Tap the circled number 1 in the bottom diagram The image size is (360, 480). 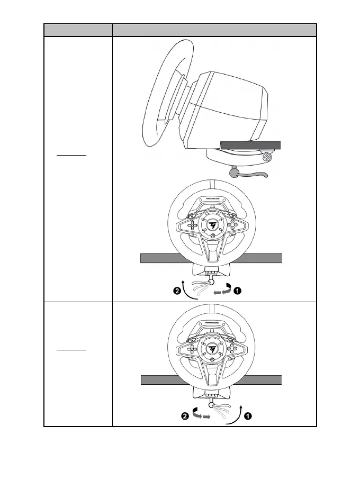(248, 416)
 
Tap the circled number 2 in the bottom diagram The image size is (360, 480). (185, 416)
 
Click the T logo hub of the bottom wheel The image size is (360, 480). (211, 351)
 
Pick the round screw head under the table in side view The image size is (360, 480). (268, 157)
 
